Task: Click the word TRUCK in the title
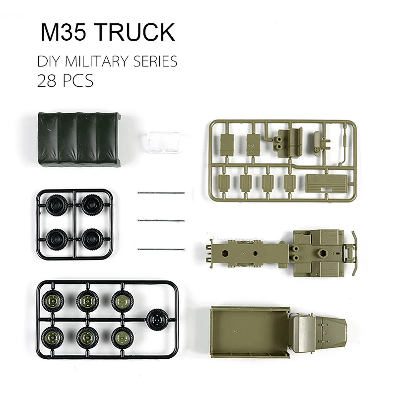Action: (135, 32)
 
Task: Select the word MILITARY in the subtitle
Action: (96, 61)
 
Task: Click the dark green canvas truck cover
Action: (79, 139)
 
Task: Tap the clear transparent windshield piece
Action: (162, 142)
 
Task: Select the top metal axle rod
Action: (161, 193)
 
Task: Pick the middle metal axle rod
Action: (161, 220)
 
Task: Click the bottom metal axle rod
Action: (161, 250)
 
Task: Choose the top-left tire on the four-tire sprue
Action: (57, 204)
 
